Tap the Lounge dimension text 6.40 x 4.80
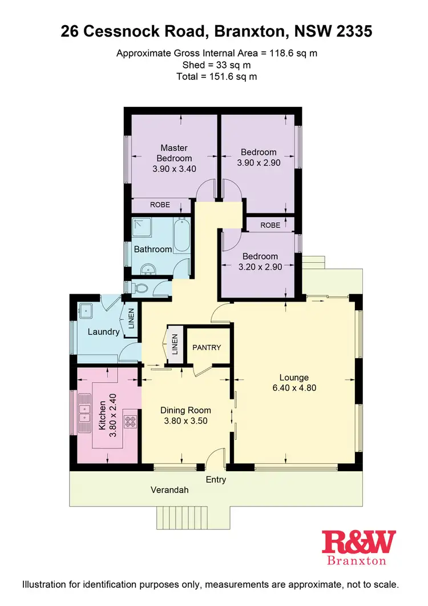click(294, 388)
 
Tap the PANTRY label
click(206, 347)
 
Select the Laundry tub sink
click(87, 311)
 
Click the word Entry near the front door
click(216, 480)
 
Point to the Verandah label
click(169, 490)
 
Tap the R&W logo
click(358, 541)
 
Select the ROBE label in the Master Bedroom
click(160, 204)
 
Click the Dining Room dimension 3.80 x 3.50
click(185, 421)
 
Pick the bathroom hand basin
click(150, 269)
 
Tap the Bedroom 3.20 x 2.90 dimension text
click(260, 267)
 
